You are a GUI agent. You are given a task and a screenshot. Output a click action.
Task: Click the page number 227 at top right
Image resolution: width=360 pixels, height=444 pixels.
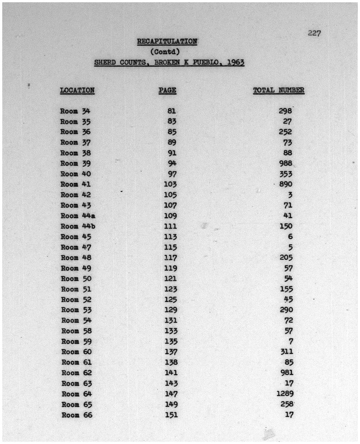coord(314,33)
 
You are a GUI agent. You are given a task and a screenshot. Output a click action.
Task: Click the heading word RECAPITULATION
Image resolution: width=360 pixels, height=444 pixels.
coord(167,42)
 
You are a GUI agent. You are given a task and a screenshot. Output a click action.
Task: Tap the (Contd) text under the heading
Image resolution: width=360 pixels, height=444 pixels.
coord(165,51)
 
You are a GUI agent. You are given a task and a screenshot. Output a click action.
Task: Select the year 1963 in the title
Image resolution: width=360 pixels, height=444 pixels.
coord(235,62)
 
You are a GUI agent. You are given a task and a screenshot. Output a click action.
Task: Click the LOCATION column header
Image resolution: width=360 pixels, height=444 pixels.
coord(77,90)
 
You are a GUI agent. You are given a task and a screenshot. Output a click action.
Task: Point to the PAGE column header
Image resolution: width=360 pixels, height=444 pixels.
coord(167,90)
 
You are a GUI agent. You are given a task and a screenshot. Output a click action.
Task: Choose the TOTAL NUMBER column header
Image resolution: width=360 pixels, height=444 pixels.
coord(278,90)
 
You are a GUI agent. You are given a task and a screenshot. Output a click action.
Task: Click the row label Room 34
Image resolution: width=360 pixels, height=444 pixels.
coord(75,111)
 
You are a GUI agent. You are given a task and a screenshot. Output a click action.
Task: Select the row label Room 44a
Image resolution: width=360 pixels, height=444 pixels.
coord(78,216)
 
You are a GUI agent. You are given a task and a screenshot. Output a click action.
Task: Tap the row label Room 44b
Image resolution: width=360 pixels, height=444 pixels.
coord(78,226)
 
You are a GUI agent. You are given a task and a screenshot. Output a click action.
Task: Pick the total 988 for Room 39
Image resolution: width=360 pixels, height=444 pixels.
coord(285,163)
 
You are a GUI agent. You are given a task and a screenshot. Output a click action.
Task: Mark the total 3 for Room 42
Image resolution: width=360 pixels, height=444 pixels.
coord(290,195)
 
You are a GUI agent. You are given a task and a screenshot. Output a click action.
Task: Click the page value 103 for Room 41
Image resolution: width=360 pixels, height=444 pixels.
coord(170,184)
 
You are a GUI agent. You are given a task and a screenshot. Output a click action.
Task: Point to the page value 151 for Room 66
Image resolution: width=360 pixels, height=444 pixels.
coord(171,415)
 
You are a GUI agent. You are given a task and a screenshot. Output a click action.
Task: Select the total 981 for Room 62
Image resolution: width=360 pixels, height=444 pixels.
coord(286,373)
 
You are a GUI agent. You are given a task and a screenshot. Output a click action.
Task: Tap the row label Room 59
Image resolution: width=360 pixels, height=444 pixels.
coord(76,341)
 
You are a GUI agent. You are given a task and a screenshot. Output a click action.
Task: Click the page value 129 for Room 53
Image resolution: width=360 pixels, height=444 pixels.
coord(171,310)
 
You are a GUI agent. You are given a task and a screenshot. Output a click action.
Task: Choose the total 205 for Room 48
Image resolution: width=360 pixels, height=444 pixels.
coord(286,257)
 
